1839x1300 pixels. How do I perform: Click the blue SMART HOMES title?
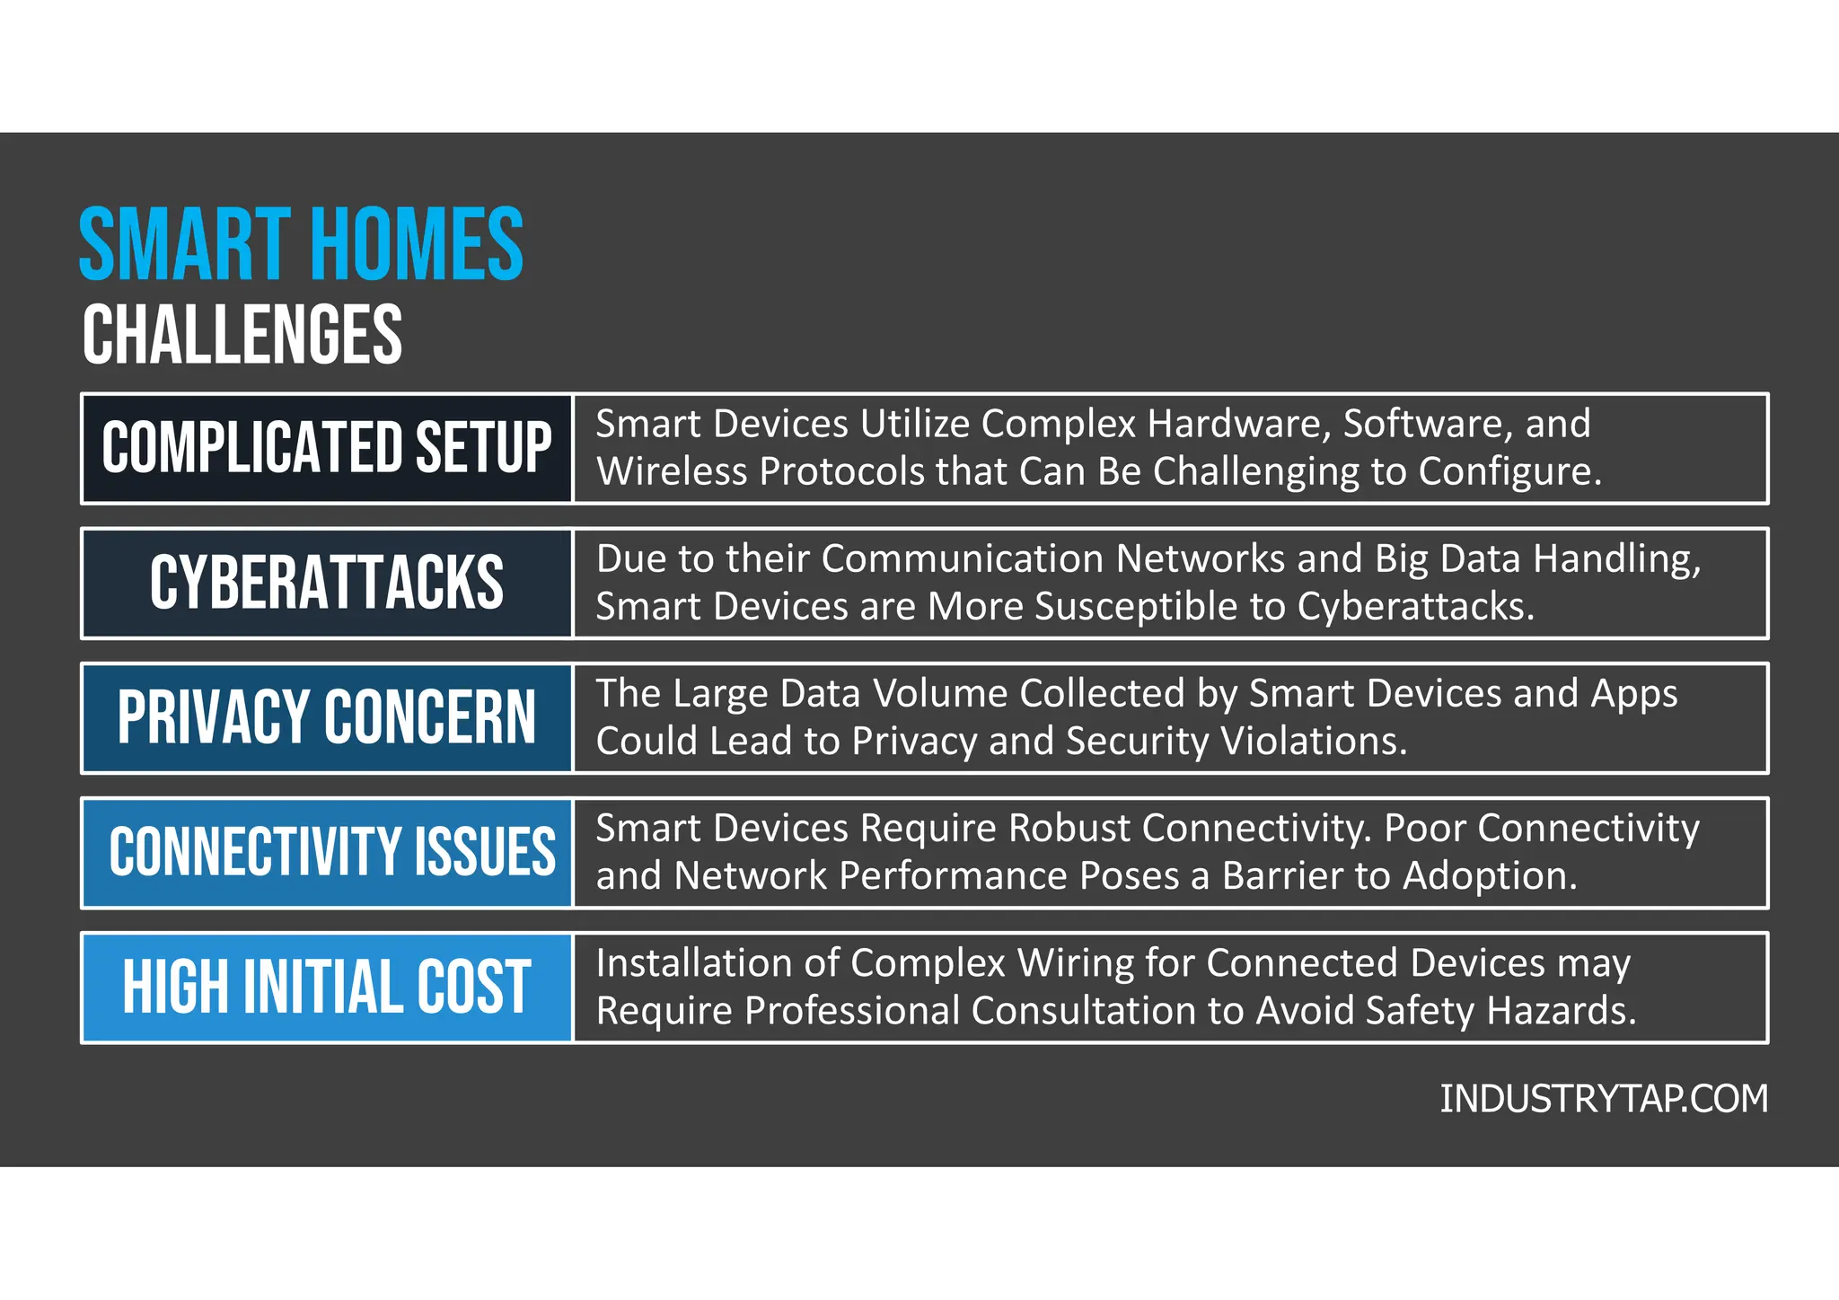pyautogui.click(x=301, y=243)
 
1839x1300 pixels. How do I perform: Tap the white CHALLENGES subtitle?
pyautogui.click(x=242, y=334)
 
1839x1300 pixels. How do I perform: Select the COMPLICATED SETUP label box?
pyautogui.click(x=327, y=448)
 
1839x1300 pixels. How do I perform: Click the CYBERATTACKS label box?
pyautogui.click(x=327, y=583)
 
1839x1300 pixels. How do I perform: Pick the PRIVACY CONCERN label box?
pyautogui.click(x=327, y=717)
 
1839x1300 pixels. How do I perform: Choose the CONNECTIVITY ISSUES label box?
pyautogui.click(x=327, y=852)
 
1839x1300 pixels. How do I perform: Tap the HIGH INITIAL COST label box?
pyautogui.click(x=327, y=987)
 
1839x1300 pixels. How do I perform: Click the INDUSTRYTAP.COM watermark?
pyautogui.click(x=1604, y=1099)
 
